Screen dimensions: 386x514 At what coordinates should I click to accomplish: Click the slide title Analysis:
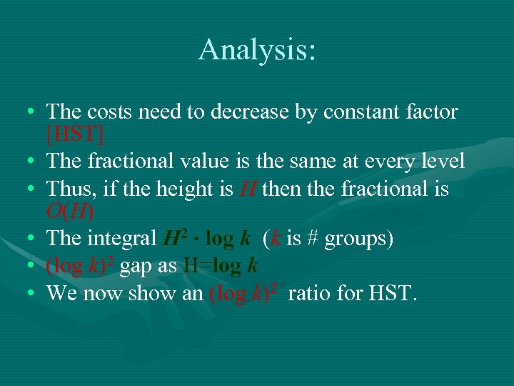point(257,50)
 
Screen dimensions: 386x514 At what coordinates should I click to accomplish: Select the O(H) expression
point(69,212)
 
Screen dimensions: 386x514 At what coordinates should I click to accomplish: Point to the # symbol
point(313,239)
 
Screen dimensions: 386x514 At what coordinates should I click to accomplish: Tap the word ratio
point(311,293)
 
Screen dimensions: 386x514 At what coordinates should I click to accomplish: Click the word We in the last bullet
point(61,293)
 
